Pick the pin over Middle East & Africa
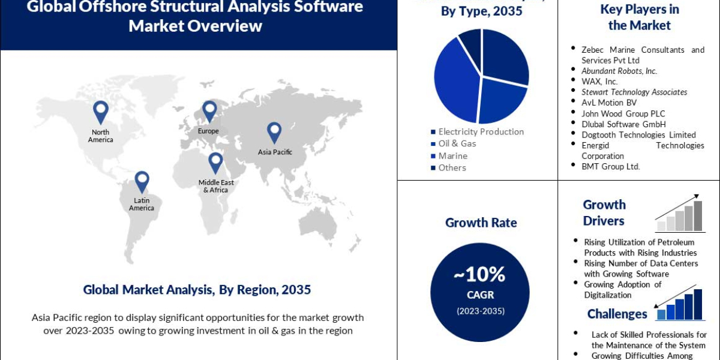(x=215, y=163)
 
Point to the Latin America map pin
(x=142, y=182)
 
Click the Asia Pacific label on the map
(x=275, y=152)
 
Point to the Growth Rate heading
(x=481, y=223)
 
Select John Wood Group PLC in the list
(x=623, y=113)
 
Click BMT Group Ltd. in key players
(x=610, y=166)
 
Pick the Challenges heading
(x=617, y=314)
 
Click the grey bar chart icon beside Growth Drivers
(x=680, y=215)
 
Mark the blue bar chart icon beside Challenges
(x=680, y=304)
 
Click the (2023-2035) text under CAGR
(x=480, y=311)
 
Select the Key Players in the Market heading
(x=639, y=17)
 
